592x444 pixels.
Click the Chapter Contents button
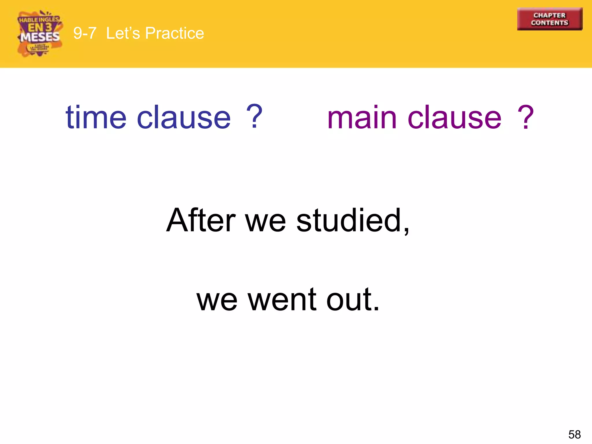pos(550,19)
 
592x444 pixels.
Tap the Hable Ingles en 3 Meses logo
pos(40,34)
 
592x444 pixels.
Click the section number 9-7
pos(84,33)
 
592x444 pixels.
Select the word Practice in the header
pos(175,33)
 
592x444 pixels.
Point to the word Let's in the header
pos(123,33)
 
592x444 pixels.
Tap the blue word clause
pos(184,117)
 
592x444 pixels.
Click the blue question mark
pos(254,116)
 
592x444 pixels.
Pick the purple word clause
pos(454,117)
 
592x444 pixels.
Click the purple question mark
pos(525,117)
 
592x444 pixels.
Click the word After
pos(201,220)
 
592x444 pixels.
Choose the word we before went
pos(217,302)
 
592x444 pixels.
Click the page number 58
pos(574,434)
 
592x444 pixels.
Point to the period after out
pos(376,309)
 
